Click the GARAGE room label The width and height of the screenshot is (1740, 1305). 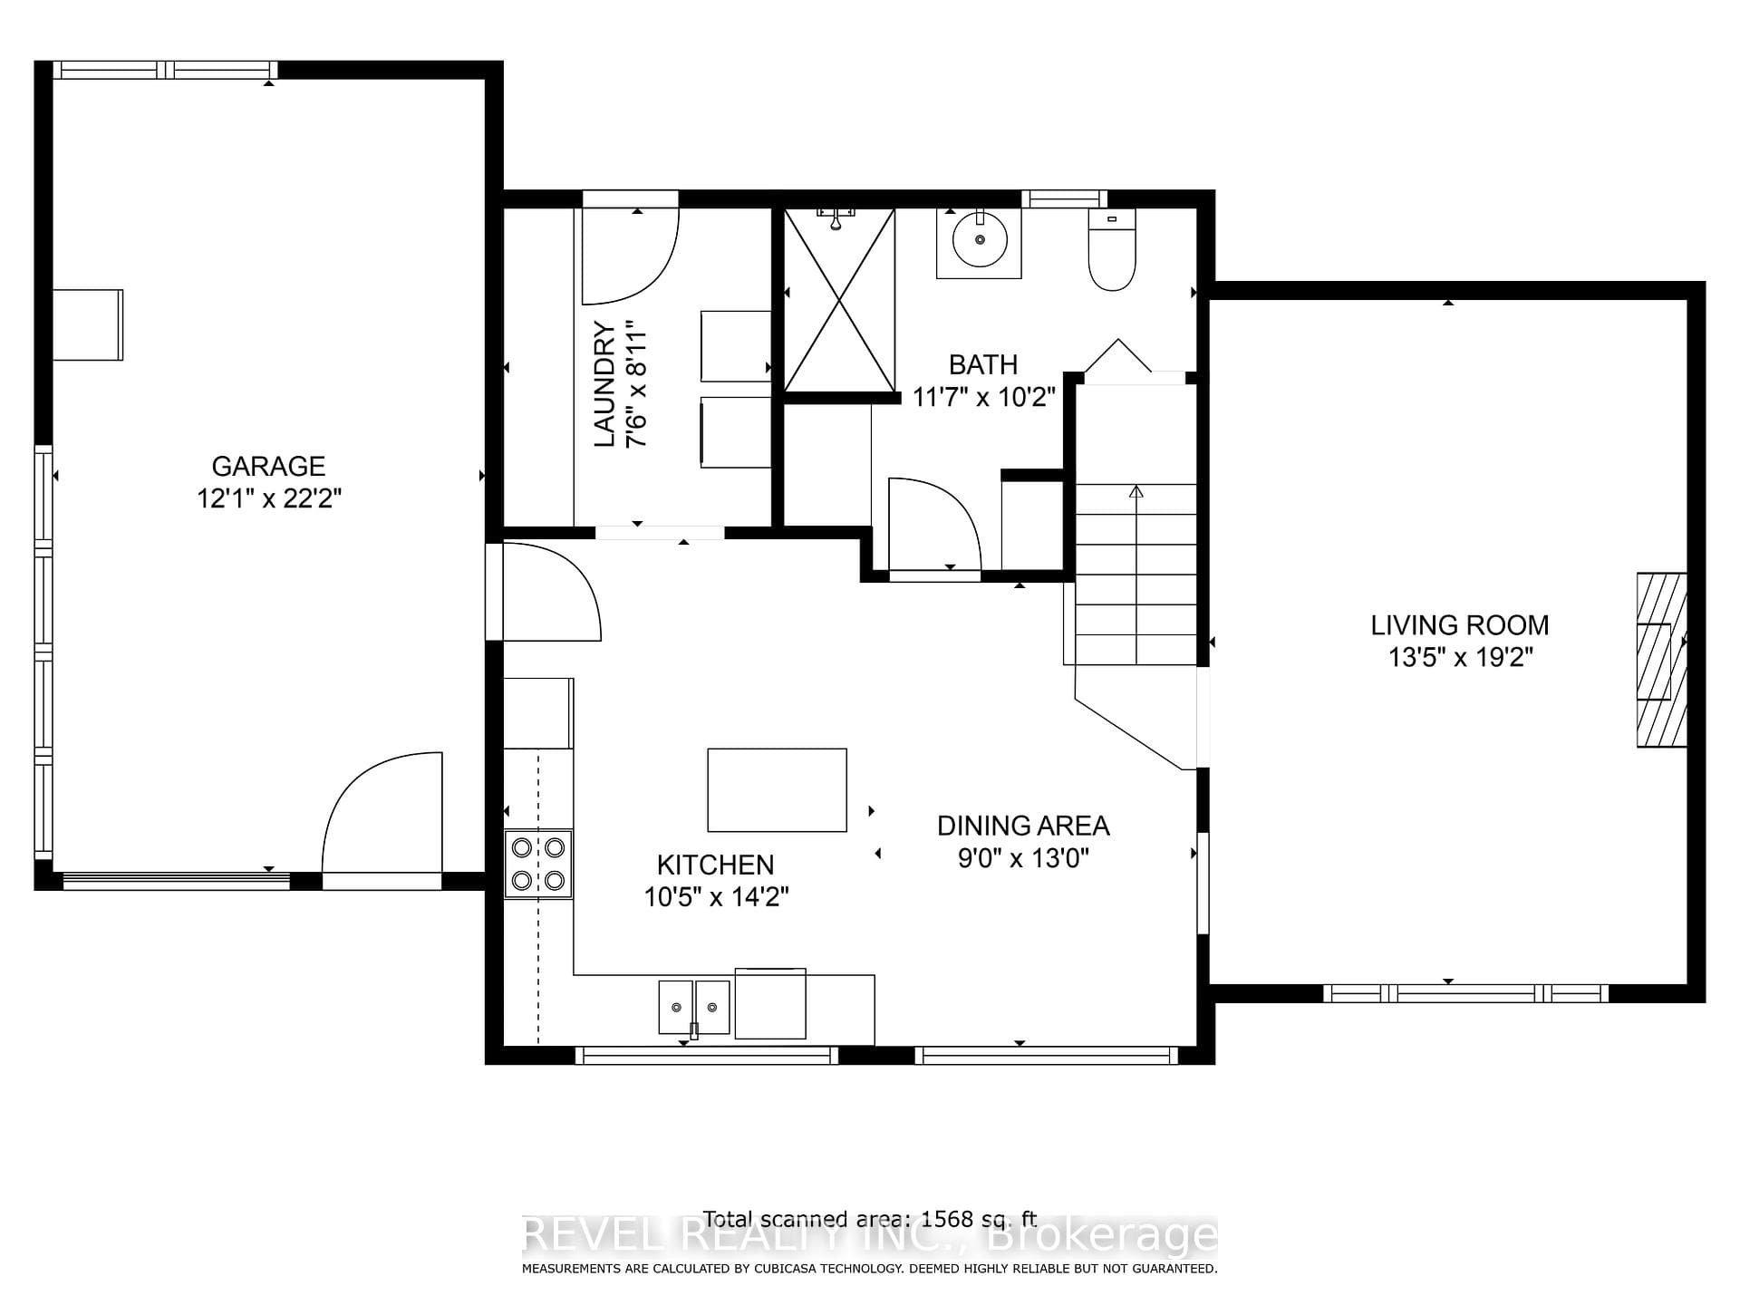pos(268,466)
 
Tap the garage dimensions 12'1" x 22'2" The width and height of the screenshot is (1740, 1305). pos(269,498)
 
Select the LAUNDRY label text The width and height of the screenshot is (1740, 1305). pos(604,384)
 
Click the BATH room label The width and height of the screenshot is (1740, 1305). pos(983,364)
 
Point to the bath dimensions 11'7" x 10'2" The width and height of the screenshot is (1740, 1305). pos(984,397)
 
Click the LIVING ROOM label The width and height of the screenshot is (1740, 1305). pos(1459,624)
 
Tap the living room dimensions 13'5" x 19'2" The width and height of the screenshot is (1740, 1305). pos(1460,657)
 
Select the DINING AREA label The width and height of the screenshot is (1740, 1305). pos(1023,826)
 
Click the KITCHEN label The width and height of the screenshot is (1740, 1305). pos(716,865)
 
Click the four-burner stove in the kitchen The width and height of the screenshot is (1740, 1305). pos(538,864)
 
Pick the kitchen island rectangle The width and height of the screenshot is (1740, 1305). pos(777,789)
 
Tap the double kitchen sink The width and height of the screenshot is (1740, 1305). pos(694,1007)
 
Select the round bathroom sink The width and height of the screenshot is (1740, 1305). pos(979,240)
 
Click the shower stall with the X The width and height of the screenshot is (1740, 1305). pos(839,300)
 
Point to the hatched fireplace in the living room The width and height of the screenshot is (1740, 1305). pos(1661,660)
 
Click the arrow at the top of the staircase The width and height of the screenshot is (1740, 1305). pos(1136,492)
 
